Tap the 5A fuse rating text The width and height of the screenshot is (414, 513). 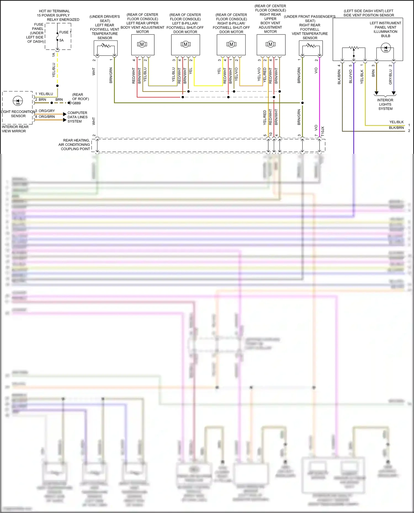pyautogui.click(x=61, y=40)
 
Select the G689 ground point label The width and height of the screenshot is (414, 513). pyautogui.click(x=76, y=103)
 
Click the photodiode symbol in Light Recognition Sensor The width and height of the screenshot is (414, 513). pyautogui.click(x=18, y=101)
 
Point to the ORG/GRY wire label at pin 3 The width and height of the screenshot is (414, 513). pyautogui.click(x=47, y=111)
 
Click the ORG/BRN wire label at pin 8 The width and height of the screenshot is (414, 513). pyautogui.click(x=47, y=117)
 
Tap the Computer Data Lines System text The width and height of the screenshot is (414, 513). pyautogui.click(x=77, y=117)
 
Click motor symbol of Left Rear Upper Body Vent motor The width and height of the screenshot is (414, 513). pyautogui.click(x=142, y=44)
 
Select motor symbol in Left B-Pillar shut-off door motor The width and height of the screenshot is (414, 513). pyautogui.click(x=185, y=44)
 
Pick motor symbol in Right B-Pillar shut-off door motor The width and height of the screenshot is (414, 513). pyautogui.click(x=231, y=44)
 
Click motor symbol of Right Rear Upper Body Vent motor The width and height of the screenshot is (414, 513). pyautogui.click(x=270, y=44)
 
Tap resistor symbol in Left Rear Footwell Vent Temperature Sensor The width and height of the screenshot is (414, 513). pyautogui.click(x=105, y=46)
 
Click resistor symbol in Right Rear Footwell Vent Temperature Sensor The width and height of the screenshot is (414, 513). pyautogui.click(x=311, y=46)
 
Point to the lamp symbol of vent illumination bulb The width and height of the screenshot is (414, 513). pyautogui.click(x=386, y=48)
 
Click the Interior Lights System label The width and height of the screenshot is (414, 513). pyautogui.click(x=385, y=104)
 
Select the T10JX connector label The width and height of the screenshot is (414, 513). pyautogui.click(x=323, y=131)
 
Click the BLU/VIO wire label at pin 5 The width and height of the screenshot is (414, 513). pyautogui.click(x=351, y=76)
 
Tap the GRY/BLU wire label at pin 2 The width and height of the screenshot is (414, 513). pyautogui.click(x=390, y=77)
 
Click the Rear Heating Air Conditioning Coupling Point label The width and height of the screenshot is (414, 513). pyautogui.click(x=74, y=145)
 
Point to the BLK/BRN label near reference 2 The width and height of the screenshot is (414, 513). pyautogui.click(x=396, y=128)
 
